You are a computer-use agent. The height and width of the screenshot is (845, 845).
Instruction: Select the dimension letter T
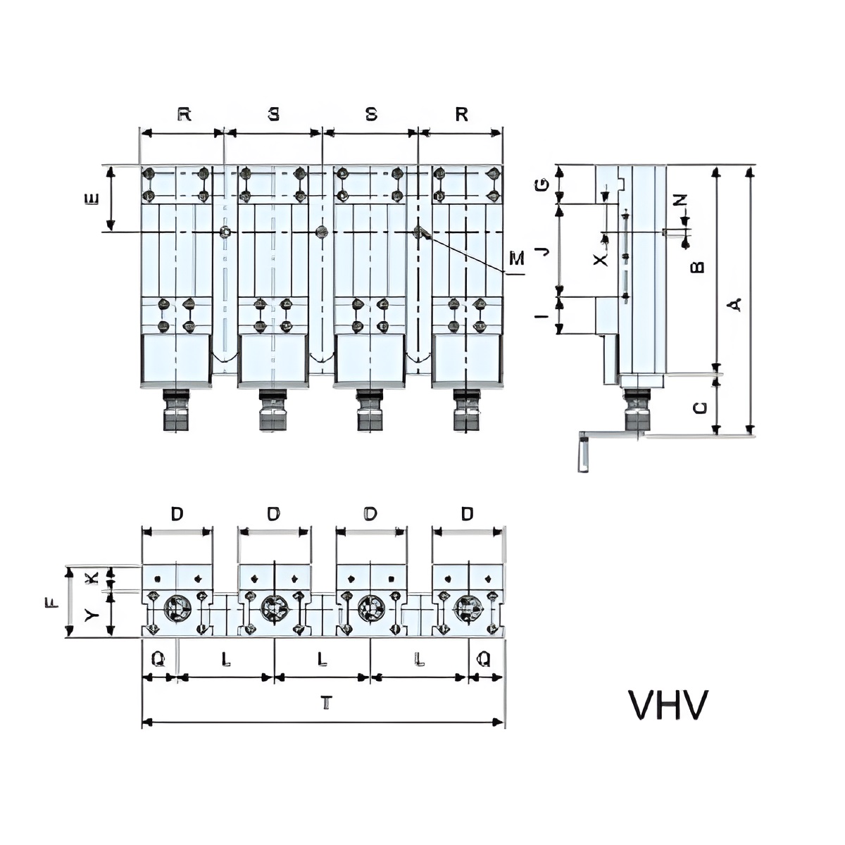(x=325, y=703)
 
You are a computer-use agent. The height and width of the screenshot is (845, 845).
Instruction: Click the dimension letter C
(x=700, y=408)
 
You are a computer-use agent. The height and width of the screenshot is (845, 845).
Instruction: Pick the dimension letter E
(x=91, y=199)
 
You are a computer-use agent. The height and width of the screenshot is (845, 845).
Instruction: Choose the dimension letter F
(x=51, y=603)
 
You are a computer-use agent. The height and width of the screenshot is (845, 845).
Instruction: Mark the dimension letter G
(x=542, y=185)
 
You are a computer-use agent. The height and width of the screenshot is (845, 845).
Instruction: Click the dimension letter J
(x=544, y=251)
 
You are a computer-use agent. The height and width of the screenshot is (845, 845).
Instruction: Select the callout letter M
(x=517, y=258)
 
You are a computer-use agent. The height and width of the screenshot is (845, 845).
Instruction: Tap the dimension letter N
(x=680, y=200)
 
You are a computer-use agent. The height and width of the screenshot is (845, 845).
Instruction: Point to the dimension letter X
(x=601, y=260)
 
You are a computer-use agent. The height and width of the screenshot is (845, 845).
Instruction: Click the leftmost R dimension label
(x=184, y=114)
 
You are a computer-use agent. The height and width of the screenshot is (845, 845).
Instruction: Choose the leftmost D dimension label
(x=177, y=513)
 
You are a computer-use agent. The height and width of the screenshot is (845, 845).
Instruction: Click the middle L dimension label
(x=323, y=658)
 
